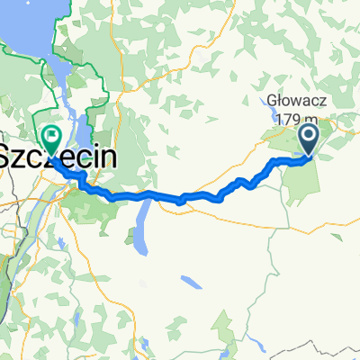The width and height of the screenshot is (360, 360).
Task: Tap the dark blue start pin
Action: pos(308,140)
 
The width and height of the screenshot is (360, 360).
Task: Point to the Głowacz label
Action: pos(293,101)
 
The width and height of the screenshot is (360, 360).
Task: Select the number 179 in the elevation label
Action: pos(286,118)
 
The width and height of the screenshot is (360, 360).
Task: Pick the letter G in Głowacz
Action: pos(273,101)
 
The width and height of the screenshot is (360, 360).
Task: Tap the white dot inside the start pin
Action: pos(308,137)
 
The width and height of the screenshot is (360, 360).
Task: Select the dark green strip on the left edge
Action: pos(4,270)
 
